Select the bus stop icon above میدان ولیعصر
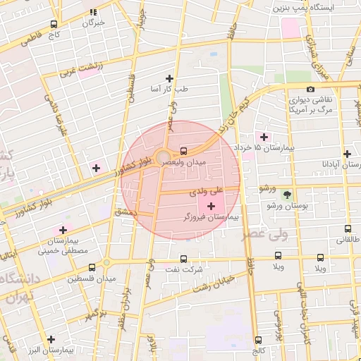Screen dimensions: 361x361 tap(184, 150)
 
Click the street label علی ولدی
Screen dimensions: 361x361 tap(206, 190)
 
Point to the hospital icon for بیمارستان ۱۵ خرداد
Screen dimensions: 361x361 tap(264, 136)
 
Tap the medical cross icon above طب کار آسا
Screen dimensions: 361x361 tap(169, 78)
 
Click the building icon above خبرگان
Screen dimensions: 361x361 tap(94, 12)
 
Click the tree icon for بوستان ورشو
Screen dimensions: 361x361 tap(286, 194)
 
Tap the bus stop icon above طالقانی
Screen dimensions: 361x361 tap(348, 228)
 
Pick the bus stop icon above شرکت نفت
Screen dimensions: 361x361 tap(184, 258)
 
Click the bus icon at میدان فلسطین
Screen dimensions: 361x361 tap(92, 267)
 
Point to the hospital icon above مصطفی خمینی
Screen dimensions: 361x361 tap(63, 230)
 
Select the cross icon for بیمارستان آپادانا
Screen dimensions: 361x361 tap(347, 153)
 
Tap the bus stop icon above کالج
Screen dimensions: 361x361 tap(258, 339)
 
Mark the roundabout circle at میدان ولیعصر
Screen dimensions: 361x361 tap(164, 157)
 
